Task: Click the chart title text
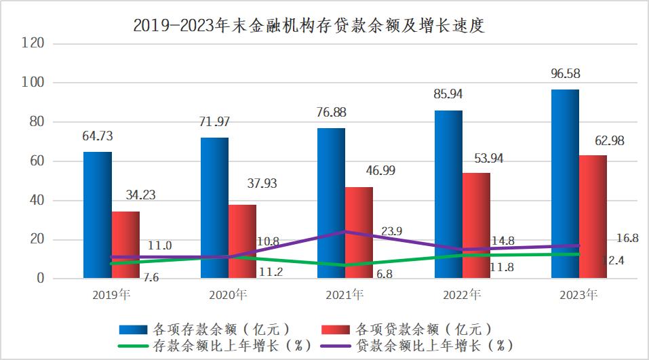310,26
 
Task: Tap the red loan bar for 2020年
242,241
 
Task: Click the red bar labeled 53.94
476,225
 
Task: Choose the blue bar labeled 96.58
565,183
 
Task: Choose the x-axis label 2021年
345,295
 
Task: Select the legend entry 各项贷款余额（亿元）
416,329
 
